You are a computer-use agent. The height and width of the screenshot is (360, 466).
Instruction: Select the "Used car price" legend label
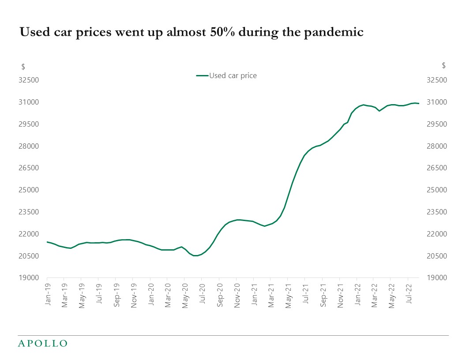click(233, 75)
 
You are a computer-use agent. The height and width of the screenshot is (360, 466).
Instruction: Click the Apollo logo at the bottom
click(42, 343)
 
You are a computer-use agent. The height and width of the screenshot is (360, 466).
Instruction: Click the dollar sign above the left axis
click(23, 67)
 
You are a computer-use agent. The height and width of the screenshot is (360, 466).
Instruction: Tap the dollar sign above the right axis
click(443, 66)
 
